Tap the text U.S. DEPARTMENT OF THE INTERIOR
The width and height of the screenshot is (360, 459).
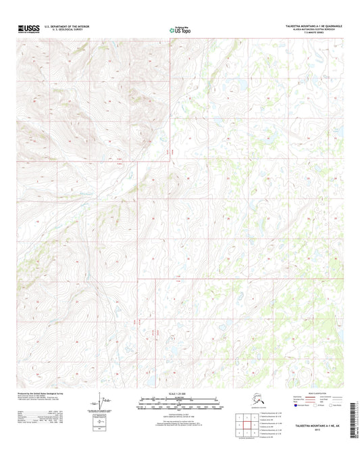pos(66,26)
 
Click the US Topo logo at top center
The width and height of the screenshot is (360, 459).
pos(180,30)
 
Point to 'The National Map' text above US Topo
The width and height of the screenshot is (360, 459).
pos(180,25)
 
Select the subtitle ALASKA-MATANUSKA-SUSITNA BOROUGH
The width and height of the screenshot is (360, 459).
pos(313,30)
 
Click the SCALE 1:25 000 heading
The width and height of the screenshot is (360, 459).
pos(179,393)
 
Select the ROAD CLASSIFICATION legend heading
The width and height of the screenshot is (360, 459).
pos(305,393)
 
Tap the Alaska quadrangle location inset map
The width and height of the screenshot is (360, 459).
pos(244,400)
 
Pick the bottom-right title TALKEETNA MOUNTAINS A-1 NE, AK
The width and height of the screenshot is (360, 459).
pos(314,427)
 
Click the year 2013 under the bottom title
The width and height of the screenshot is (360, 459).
pos(314,433)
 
